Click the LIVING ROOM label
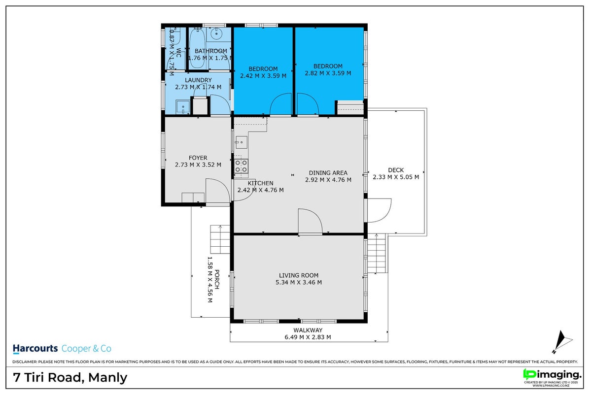(299, 275)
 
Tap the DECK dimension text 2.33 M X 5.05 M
(396, 177)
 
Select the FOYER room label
(198, 158)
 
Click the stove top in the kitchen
(241, 166)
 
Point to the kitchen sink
(241, 142)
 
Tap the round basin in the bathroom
(216, 33)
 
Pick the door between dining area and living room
(310, 222)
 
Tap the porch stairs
(220, 239)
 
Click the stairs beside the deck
(377, 253)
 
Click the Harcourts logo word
(35, 349)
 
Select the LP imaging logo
(552, 375)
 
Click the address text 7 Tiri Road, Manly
(70, 377)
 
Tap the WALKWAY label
(308, 330)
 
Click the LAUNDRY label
(198, 80)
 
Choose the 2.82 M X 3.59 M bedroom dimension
(328, 73)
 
